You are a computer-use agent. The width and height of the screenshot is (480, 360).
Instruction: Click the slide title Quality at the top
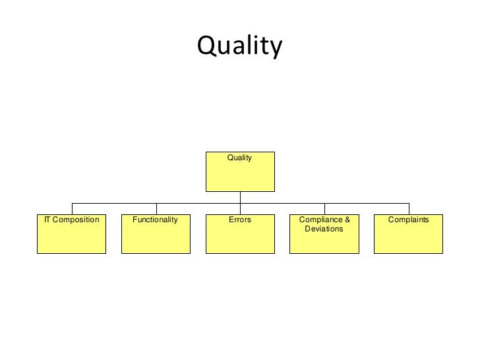pyautogui.click(x=239, y=46)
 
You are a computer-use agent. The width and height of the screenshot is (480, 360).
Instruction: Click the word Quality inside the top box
pyautogui.click(x=240, y=158)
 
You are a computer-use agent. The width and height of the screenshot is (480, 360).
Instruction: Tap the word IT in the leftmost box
pyautogui.click(x=47, y=220)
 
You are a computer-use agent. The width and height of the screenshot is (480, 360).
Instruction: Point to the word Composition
pyautogui.click(x=76, y=220)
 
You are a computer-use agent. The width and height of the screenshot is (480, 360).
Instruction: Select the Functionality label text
pyautogui.click(x=156, y=220)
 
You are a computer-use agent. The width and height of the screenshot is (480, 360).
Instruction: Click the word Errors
pyautogui.click(x=240, y=220)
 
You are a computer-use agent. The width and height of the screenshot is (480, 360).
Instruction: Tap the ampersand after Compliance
pyautogui.click(x=347, y=220)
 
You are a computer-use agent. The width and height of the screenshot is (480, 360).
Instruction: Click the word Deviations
pyautogui.click(x=324, y=229)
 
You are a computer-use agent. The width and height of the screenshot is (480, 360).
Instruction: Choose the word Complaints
pyautogui.click(x=409, y=220)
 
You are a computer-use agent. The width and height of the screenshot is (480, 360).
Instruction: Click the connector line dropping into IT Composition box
pyautogui.click(x=72, y=208)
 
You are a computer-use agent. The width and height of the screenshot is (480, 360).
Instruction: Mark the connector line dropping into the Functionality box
pyautogui.click(x=156, y=208)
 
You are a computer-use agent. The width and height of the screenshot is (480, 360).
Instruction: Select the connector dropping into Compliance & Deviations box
pyautogui.click(x=324, y=208)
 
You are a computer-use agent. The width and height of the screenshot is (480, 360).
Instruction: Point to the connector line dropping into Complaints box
pyautogui.click(x=409, y=208)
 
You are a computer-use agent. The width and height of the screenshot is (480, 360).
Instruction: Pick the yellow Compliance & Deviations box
pyautogui.click(x=324, y=243)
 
